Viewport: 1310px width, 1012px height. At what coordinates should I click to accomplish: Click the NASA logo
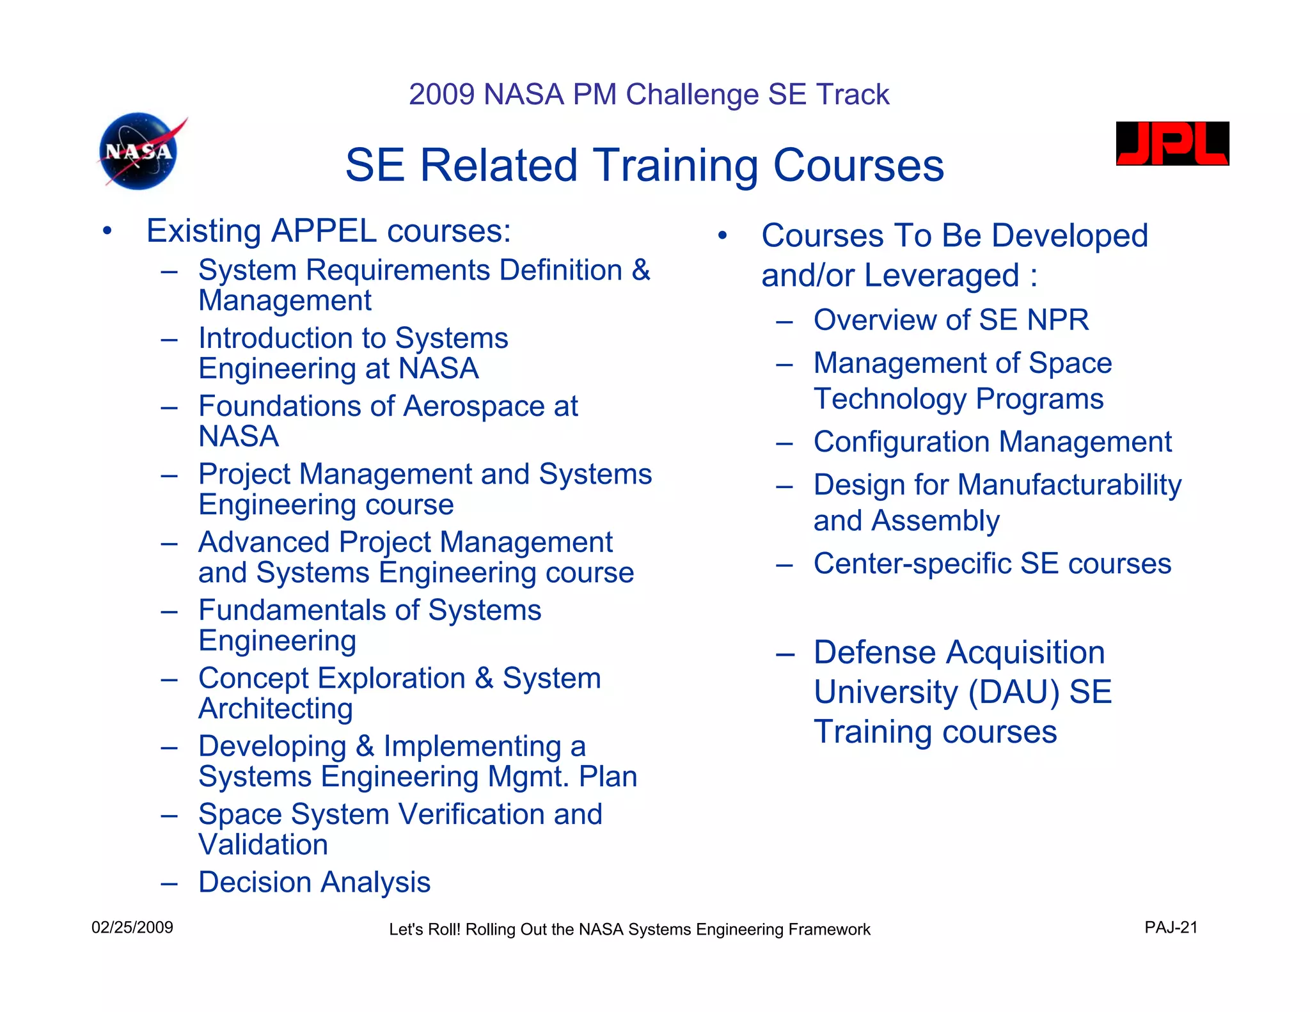139,152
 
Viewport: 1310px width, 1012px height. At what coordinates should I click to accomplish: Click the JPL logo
1172,144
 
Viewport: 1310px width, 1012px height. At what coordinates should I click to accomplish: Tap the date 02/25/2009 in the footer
132,928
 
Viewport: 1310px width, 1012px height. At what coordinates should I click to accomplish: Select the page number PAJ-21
1171,928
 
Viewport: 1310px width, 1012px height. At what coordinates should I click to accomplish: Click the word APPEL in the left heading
323,231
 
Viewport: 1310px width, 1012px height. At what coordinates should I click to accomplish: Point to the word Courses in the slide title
858,166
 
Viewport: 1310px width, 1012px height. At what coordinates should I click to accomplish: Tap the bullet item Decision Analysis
314,882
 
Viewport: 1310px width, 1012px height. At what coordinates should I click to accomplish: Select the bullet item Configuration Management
992,442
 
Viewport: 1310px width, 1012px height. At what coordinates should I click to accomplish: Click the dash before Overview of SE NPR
784,320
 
